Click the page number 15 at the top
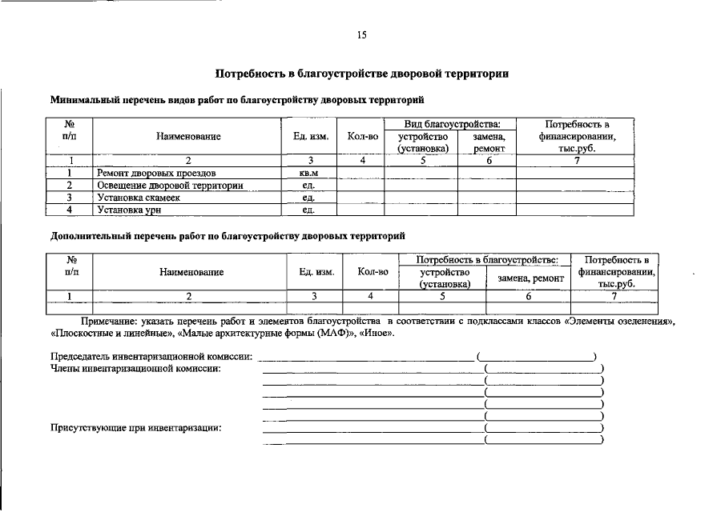click(361, 35)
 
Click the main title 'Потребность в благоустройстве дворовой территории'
click(362, 74)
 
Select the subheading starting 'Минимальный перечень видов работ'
click(236, 101)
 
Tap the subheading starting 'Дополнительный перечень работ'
click(228, 236)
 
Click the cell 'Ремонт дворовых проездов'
click(156, 173)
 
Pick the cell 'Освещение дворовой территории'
click(170, 186)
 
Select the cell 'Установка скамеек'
click(139, 198)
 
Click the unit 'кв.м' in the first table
click(308, 173)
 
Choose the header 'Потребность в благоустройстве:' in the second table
click(488, 260)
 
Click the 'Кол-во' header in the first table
click(362, 137)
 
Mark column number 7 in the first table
click(576, 161)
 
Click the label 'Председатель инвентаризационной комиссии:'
click(151, 356)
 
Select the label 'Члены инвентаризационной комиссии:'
click(135, 369)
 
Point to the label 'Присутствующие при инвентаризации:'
click(135, 428)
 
